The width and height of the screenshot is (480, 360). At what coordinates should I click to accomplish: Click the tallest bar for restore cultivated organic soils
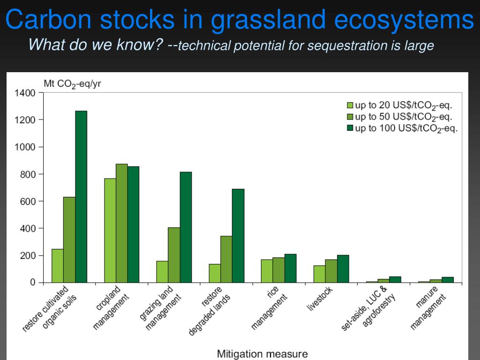(x=81, y=197)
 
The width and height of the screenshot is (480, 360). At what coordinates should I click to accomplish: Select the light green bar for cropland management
(x=110, y=230)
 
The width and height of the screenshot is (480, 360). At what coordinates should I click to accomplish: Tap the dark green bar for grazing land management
(x=186, y=227)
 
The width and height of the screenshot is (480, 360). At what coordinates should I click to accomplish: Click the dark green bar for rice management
(x=290, y=268)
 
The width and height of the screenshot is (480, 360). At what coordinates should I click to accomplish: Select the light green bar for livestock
(x=319, y=274)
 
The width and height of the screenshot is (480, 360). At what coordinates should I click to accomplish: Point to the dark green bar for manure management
(x=448, y=280)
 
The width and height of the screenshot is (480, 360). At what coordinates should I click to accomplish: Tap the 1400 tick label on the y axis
(x=26, y=93)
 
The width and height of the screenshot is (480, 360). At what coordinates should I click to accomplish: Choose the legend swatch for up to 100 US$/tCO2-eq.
(x=350, y=128)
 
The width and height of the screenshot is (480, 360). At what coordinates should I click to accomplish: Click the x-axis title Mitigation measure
(x=262, y=353)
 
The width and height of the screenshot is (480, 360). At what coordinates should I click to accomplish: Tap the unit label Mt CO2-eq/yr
(x=72, y=84)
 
